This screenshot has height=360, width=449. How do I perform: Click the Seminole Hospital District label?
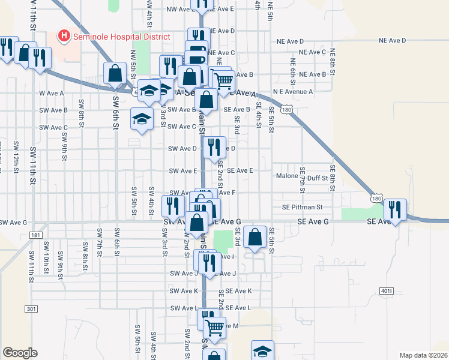pyautogui.click(x=122, y=37)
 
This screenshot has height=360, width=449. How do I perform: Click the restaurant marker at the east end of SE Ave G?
pyautogui.click(x=395, y=209)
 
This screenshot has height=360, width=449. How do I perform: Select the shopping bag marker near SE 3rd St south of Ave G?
pyautogui.click(x=255, y=236)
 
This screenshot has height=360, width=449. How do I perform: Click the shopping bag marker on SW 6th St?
pyautogui.click(x=115, y=74)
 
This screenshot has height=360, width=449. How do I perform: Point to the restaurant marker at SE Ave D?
pyautogui.click(x=213, y=147)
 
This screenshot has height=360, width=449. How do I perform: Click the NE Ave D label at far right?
pyautogui.click(x=392, y=40)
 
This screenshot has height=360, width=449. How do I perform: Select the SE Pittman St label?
pyautogui.click(x=303, y=207)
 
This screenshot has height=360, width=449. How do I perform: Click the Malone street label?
pyautogui.click(x=287, y=176)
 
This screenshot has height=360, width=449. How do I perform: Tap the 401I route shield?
pyautogui.click(x=386, y=292)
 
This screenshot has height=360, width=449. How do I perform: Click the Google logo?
pyautogui.click(x=20, y=352)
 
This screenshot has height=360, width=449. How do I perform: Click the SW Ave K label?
pyautogui.click(x=184, y=291)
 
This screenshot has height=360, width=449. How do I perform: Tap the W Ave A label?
pyautogui.click(x=51, y=93)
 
